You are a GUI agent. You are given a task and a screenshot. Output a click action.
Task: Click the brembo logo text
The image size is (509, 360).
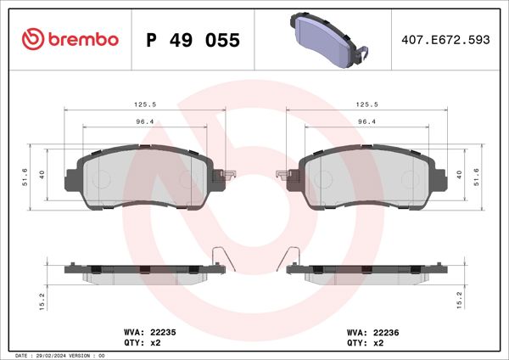coord(82,40)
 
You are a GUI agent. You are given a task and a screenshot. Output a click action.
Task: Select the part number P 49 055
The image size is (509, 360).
coord(193,41)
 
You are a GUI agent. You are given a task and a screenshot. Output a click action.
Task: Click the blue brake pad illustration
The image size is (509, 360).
coord(327,39)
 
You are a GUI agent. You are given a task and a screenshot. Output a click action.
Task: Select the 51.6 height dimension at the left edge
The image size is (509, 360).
coord(26,177)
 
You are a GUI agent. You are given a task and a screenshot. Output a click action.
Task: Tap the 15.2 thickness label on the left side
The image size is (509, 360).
coord(26,299)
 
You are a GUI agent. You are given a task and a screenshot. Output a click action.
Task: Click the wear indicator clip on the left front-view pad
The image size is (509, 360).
coord(225,176)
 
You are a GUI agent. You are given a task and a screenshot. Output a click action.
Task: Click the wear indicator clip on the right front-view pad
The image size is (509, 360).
coord(284,176)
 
